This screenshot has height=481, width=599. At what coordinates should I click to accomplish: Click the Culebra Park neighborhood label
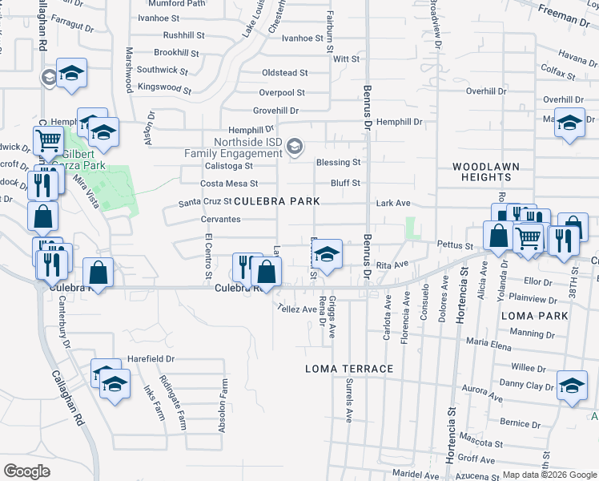pyautogui.click(x=276, y=201)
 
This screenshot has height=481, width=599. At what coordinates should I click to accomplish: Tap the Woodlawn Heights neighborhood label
pyautogui.click(x=486, y=172)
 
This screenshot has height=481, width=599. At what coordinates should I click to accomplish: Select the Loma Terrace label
pyautogui.click(x=350, y=369)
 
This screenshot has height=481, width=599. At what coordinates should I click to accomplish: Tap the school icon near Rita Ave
pyautogui.click(x=326, y=256)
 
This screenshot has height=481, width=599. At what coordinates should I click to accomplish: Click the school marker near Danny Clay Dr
pyautogui.click(x=572, y=385)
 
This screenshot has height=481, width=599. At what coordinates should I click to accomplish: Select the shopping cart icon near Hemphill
pyautogui.click(x=49, y=140)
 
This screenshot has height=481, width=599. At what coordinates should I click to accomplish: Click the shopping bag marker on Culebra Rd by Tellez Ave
pyautogui.click(x=266, y=273)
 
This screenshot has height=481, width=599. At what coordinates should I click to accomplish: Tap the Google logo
pyautogui.click(x=26, y=471)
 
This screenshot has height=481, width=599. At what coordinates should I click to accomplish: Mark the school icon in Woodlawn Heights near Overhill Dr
pyautogui.click(x=569, y=123)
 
